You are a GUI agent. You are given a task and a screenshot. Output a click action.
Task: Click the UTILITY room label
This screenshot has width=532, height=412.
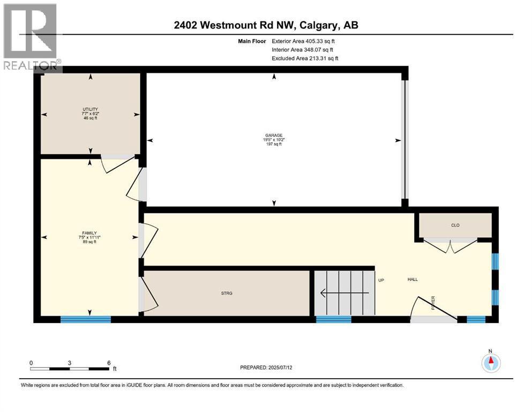tap(90, 109)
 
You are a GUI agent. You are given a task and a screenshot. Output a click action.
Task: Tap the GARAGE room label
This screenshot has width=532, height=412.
tap(274, 135)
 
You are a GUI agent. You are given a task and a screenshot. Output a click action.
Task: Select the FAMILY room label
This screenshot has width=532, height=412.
tap(89, 233)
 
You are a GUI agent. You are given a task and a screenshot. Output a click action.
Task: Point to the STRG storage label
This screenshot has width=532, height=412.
tap(227, 293)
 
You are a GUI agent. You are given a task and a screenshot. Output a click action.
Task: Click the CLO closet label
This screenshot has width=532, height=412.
tap(455, 225)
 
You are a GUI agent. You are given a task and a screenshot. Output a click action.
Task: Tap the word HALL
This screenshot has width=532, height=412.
tap(413, 279)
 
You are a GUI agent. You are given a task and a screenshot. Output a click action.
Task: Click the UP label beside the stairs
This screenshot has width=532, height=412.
tap(381, 280)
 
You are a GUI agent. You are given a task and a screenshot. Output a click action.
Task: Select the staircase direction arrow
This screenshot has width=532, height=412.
tap(344, 292)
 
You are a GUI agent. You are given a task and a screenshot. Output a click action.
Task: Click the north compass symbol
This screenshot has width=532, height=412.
tap(491, 363)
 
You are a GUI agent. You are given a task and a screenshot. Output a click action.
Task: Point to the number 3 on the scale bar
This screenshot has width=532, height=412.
tap(70, 363)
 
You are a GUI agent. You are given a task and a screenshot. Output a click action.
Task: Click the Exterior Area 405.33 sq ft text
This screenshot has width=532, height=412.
tap(303, 41)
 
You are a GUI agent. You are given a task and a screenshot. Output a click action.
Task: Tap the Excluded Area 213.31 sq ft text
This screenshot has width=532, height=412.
tap(305, 58)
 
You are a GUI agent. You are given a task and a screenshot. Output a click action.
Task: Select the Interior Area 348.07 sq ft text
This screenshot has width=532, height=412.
tap(302, 49)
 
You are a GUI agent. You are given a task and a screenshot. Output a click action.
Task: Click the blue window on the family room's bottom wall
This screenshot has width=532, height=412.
tap(86, 319)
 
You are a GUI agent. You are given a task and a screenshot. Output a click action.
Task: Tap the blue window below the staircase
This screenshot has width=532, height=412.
tap(334, 319)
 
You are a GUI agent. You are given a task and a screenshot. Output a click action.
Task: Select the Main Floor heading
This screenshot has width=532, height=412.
tap(252, 41)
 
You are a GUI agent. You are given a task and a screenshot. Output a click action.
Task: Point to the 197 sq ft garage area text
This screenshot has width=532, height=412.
tap(274, 144)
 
